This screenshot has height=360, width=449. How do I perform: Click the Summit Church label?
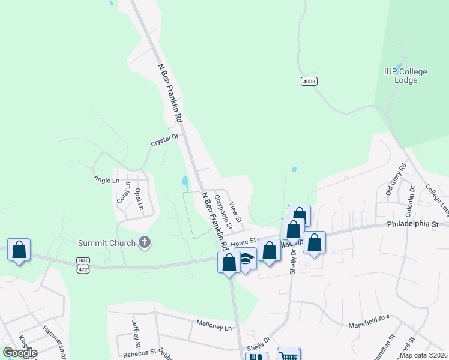pyautogui.click(x=107, y=243)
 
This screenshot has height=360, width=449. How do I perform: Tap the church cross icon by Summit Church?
pyautogui.click(x=144, y=242)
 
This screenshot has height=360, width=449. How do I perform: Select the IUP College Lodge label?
pyautogui.click(x=406, y=76)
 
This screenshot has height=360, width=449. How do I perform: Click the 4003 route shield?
pyautogui.click(x=309, y=81)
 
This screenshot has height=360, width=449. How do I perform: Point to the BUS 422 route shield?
pyautogui.click(x=83, y=265)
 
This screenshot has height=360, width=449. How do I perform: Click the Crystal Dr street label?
pyautogui.click(x=165, y=139)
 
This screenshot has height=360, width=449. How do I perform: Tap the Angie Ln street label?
pyautogui.click(x=107, y=179)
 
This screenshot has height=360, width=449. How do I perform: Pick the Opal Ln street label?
pyautogui.click(x=139, y=199)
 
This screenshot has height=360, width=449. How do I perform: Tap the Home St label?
pyautogui.click(x=244, y=241)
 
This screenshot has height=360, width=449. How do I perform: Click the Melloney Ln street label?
pyautogui.click(x=214, y=324)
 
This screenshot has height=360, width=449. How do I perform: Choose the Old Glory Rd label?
pyautogui.click(x=396, y=179)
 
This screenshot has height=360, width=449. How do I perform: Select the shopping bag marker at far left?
pyautogui.click(x=19, y=250)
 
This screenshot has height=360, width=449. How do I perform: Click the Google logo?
pyautogui.click(x=20, y=352)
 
